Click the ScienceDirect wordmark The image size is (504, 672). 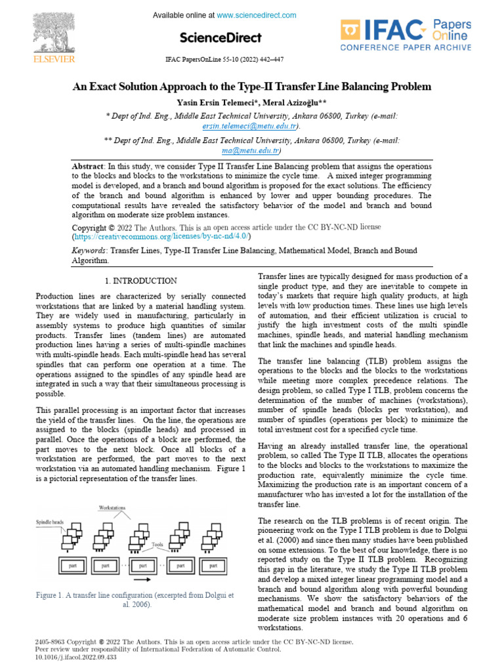coord(220,37)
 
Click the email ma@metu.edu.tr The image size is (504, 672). coord(251,150)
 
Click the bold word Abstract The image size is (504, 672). coord(87,168)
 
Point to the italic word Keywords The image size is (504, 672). coord(90,251)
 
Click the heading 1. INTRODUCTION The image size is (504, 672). coord(140,280)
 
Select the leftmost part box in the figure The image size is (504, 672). coord(70,564)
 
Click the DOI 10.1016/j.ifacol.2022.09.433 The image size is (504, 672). coord(75,656)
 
